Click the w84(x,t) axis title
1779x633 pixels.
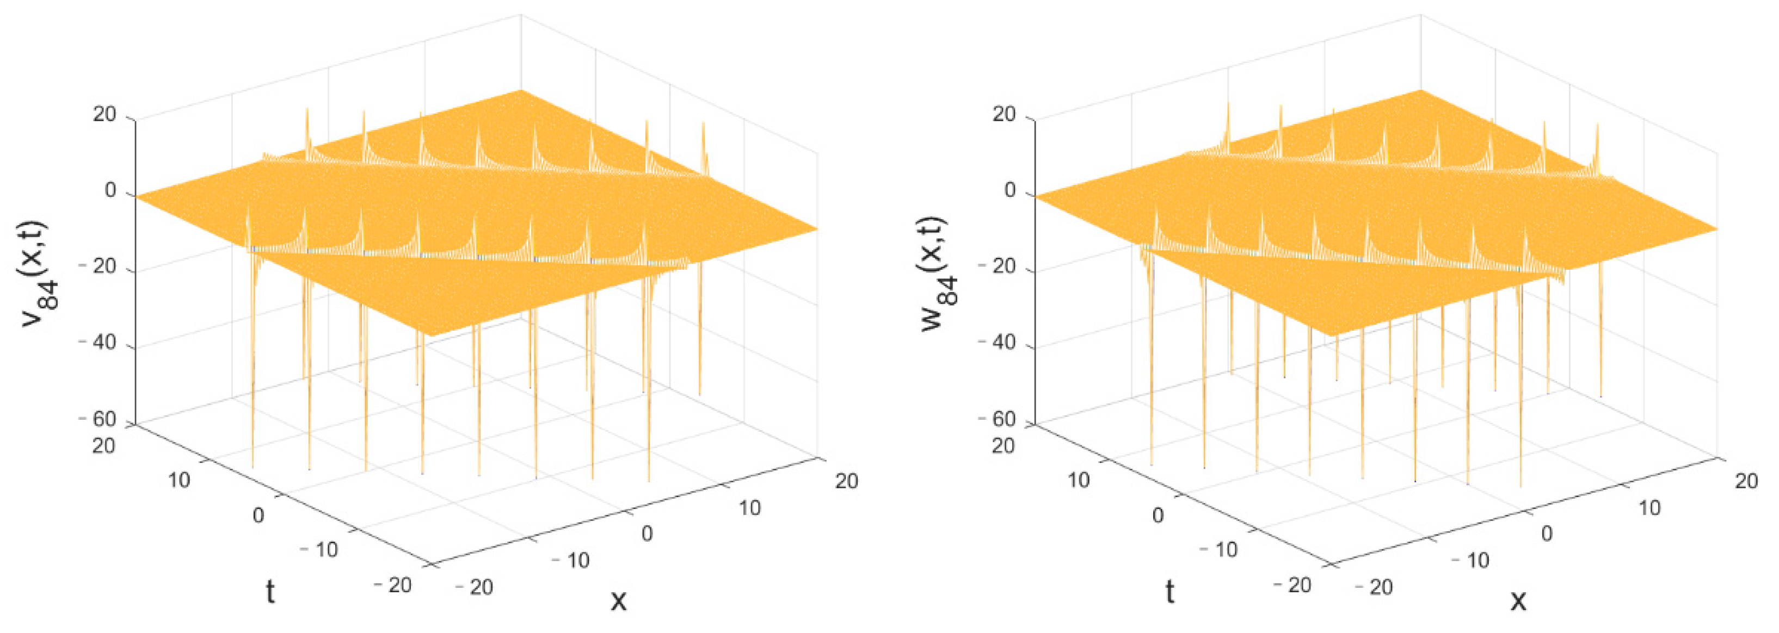(939, 275)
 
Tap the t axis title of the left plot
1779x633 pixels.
(270, 592)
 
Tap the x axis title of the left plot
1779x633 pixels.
(618, 600)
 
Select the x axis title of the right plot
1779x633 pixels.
(1518, 600)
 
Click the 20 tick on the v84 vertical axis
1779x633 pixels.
(105, 115)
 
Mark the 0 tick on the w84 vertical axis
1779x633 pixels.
(1011, 190)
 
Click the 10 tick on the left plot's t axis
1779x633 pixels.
(179, 480)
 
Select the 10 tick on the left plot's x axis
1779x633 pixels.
(749, 508)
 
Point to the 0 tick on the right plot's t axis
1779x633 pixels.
(1158, 515)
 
